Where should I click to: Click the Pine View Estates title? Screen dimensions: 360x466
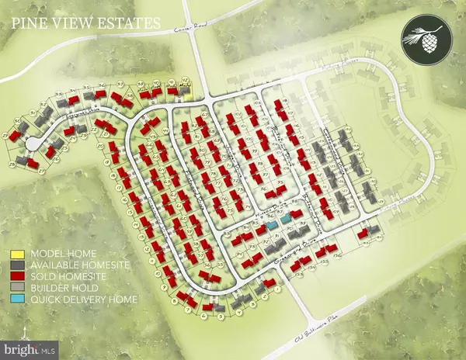pyautogui.click(x=85, y=23)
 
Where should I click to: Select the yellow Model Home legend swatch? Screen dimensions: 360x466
pyautogui.click(x=16, y=254)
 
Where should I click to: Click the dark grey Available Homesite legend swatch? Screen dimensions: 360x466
pyautogui.click(x=16, y=265)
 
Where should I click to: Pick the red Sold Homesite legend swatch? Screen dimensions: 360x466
pyautogui.click(x=16, y=276)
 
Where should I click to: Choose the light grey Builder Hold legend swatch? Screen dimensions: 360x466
pyautogui.click(x=16, y=288)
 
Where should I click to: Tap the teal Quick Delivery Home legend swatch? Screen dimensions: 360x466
pyautogui.click(x=16, y=299)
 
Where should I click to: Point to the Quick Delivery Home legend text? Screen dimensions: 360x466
pyautogui.click(x=82, y=299)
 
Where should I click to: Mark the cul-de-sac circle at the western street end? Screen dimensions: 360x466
pyautogui.click(x=34, y=144)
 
